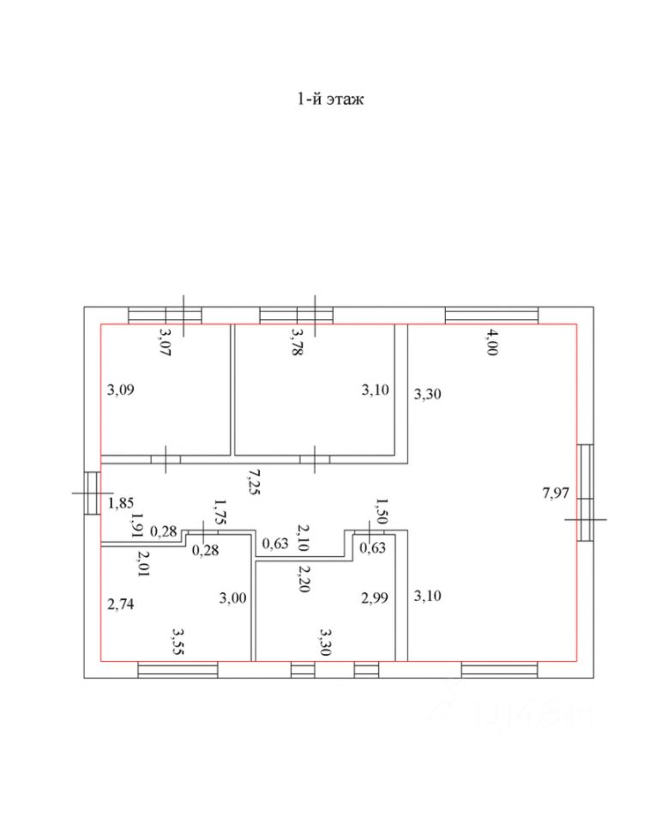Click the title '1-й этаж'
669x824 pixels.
pos(331,100)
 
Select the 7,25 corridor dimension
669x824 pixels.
pos(252,481)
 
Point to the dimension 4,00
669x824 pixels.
pos(491,341)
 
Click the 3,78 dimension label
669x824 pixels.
pos(298,345)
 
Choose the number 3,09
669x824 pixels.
pos(121,389)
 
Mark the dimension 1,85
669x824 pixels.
pos(121,503)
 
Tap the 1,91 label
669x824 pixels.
pos(135,524)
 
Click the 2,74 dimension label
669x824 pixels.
pos(121,603)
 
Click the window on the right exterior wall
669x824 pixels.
pos(585,492)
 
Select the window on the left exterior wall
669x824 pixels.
pos(92,494)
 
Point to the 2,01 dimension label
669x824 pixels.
pos(143,563)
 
